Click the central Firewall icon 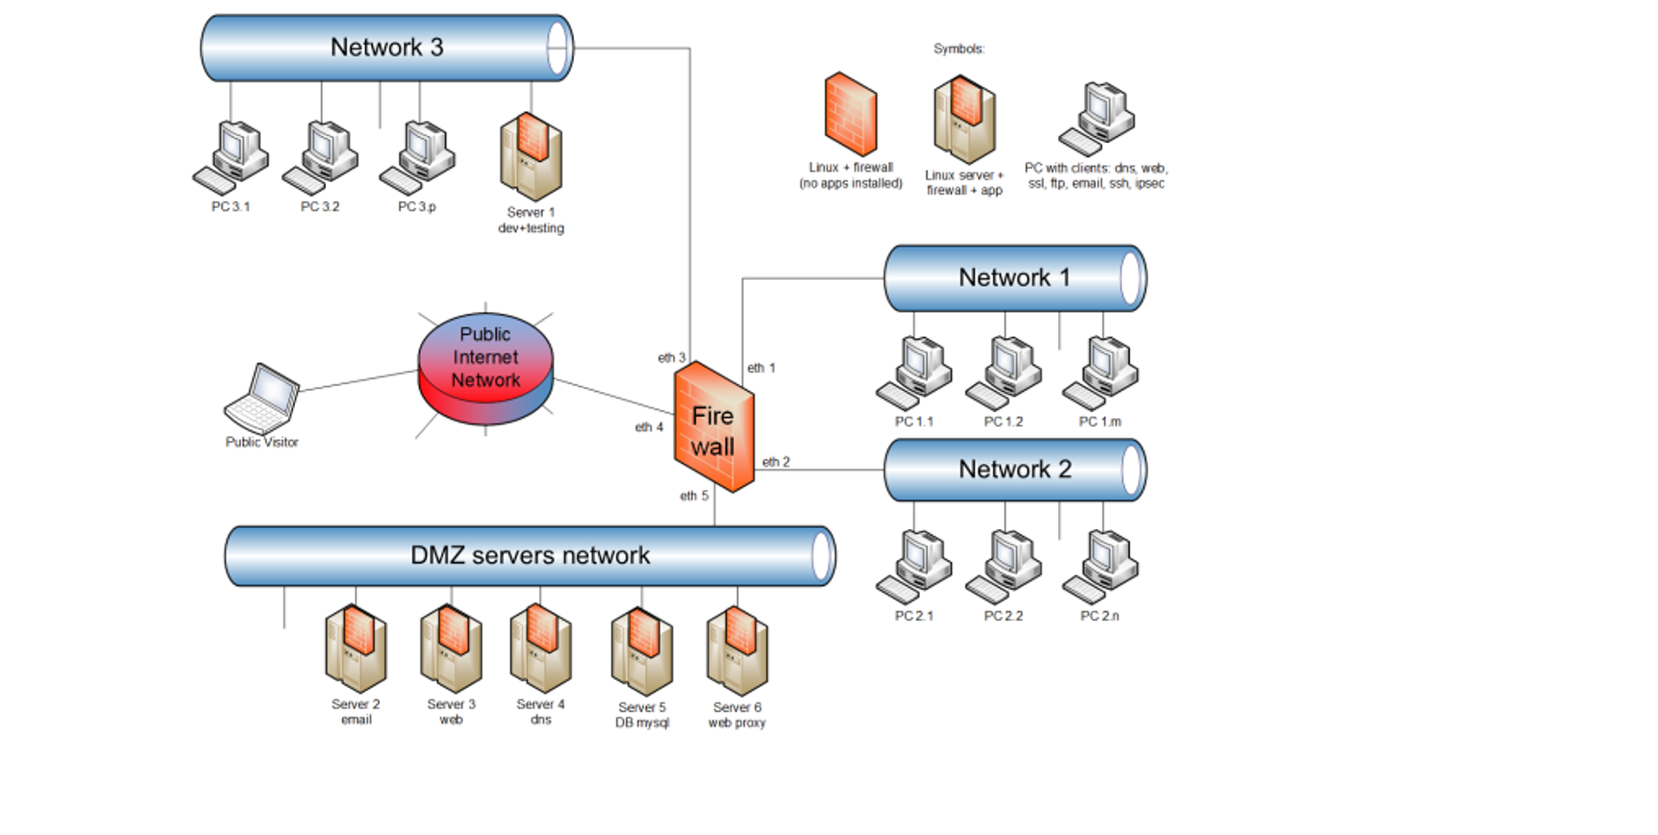click(714, 427)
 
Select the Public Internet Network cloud click(486, 368)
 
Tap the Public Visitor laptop click(263, 398)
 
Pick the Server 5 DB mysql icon click(642, 651)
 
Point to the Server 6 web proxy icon click(737, 651)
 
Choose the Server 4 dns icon click(540, 649)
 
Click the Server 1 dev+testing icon click(531, 156)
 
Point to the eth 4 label click(649, 427)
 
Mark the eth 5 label click(694, 496)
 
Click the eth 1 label click(761, 369)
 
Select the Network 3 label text click(387, 48)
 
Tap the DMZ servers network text click(530, 556)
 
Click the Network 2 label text click(1015, 470)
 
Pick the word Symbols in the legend click(958, 49)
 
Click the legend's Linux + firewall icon click(851, 114)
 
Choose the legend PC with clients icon click(1097, 120)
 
